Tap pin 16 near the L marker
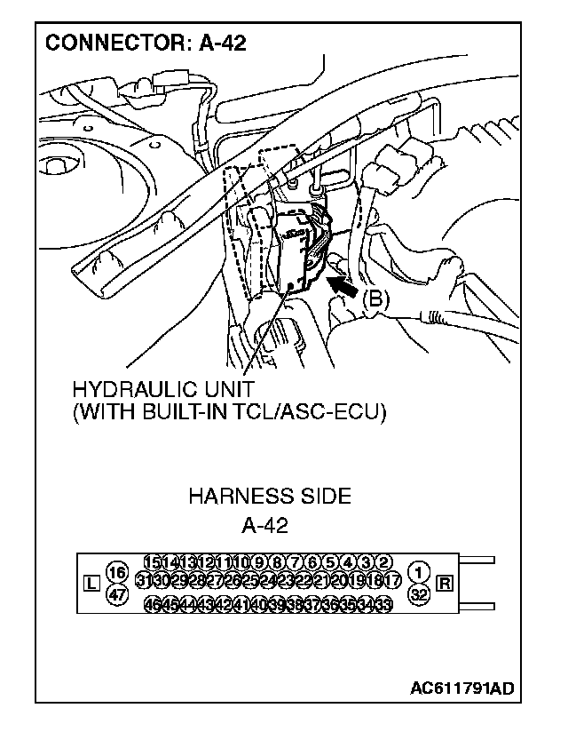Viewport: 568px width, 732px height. click(x=115, y=573)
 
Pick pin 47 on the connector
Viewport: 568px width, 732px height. click(x=115, y=594)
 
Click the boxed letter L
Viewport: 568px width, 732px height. click(x=90, y=584)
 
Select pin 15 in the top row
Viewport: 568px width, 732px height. click(x=152, y=561)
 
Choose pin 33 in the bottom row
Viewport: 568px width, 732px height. click(x=384, y=605)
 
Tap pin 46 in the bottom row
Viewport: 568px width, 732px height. click(x=153, y=605)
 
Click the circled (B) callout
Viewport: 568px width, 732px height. click(x=375, y=300)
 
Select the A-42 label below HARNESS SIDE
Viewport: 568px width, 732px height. click(x=264, y=525)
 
